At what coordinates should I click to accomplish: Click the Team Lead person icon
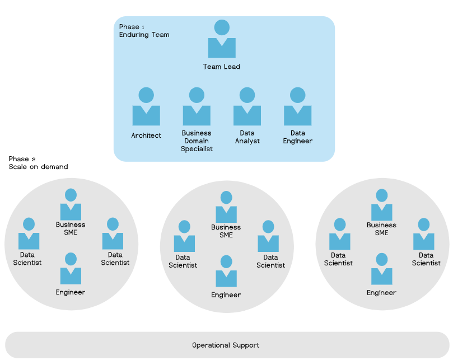click(x=222, y=40)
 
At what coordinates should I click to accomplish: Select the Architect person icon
click(x=146, y=107)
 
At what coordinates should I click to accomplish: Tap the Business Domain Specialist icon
click(x=197, y=107)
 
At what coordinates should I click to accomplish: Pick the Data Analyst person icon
click(x=247, y=107)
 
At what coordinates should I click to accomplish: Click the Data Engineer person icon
click(x=298, y=107)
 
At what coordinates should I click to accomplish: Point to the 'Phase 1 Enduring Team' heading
click(x=144, y=31)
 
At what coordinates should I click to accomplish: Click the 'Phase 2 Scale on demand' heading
click(x=38, y=163)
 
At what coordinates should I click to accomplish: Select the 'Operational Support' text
click(x=226, y=345)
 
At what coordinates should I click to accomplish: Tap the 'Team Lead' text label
click(x=222, y=67)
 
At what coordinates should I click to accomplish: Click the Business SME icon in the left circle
click(x=71, y=205)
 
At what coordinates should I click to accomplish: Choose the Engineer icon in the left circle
click(x=71, y=269)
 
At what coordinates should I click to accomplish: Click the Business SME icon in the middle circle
click(x=226, y=207)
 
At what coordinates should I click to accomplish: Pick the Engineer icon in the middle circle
click(x=226, y=272)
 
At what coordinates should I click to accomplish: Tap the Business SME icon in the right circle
click(x=381, y=205)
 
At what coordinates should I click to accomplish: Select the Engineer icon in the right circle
click(x=381, y=269)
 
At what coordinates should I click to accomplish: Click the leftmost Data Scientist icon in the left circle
click(x=29, y=234)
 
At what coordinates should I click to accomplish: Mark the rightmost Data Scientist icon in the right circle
click(x=423, y=234)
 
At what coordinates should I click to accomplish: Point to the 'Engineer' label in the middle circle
click(x=226, y=295)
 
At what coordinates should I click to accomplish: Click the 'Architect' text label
click(x=146, y=135)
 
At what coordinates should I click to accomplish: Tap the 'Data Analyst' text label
click(x=247, y=137)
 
